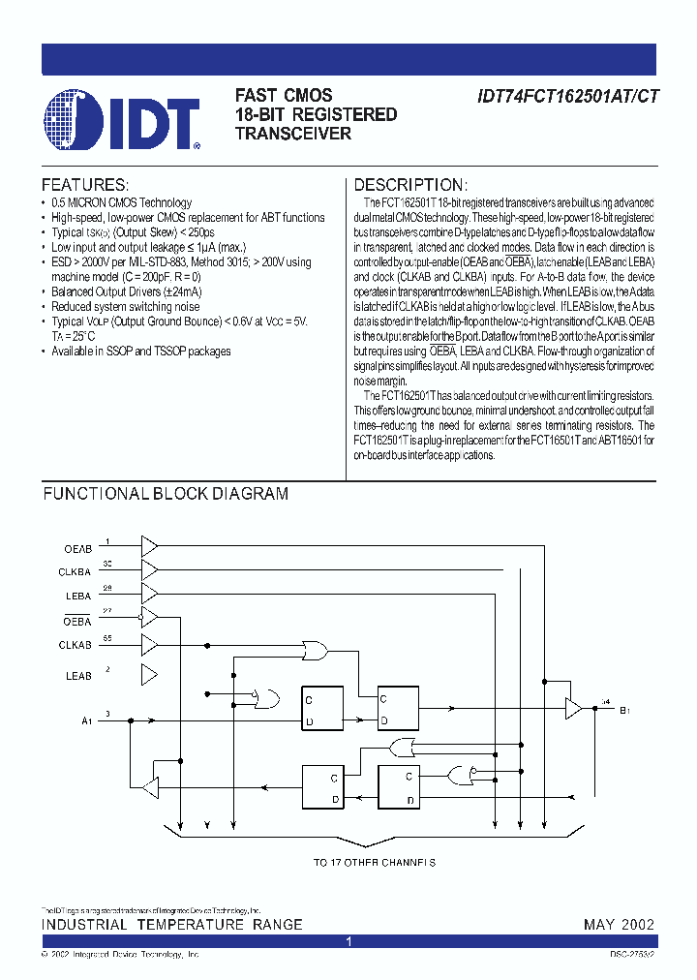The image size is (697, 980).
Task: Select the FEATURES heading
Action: [x=84, y=185]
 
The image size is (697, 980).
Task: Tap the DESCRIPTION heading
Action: [x=410, y=185]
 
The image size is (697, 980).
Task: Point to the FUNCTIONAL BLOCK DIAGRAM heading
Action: [x=166, y=493]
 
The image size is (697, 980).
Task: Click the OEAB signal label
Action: [x=77, y=549]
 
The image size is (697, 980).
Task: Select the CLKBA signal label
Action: [x=75, y=572]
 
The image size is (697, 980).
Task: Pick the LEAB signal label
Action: [x=77, y=675]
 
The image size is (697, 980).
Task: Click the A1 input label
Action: [x=86, y=720]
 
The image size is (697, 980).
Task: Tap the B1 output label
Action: [x=624, y=710]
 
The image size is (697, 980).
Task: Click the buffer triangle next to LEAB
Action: [x=149, y=674]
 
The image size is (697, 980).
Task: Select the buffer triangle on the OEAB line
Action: [x=149, y=547]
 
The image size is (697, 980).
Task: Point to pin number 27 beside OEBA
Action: [x=107, y=610]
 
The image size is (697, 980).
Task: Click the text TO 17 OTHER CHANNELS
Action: [x=375, y=862]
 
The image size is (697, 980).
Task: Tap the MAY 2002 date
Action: [x=619, y=925]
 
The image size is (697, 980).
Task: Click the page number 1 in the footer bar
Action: [x=348, y=941]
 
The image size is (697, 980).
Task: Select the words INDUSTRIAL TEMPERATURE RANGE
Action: [x=171, y=925]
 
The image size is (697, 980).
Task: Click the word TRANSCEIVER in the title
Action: [x=293, y=134]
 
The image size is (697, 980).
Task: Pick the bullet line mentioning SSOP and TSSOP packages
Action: [x=141, y=351]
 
